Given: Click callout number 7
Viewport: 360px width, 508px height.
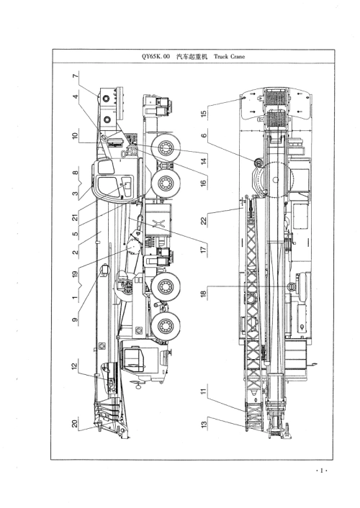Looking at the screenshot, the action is coord(76,76).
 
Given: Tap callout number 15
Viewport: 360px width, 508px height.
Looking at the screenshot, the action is coord(204,114).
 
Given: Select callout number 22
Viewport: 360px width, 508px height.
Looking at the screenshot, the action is coord(204,221).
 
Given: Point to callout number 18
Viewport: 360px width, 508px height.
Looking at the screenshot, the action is coord(204,294).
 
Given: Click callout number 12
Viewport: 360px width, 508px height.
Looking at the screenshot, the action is coord(76,366).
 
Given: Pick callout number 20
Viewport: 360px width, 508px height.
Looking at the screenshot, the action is coord(76,423).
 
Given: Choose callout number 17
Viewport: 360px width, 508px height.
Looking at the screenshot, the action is coord(204,250).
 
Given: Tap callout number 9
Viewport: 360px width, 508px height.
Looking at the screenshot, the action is coord(76,319).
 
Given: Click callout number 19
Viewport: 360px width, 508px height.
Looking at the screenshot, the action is coord(76,273).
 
